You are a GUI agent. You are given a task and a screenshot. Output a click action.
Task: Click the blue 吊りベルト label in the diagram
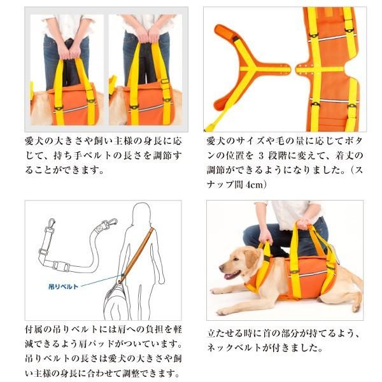tap(65, 286)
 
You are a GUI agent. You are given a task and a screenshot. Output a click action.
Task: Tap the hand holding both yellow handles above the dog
tap(304, 224)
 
